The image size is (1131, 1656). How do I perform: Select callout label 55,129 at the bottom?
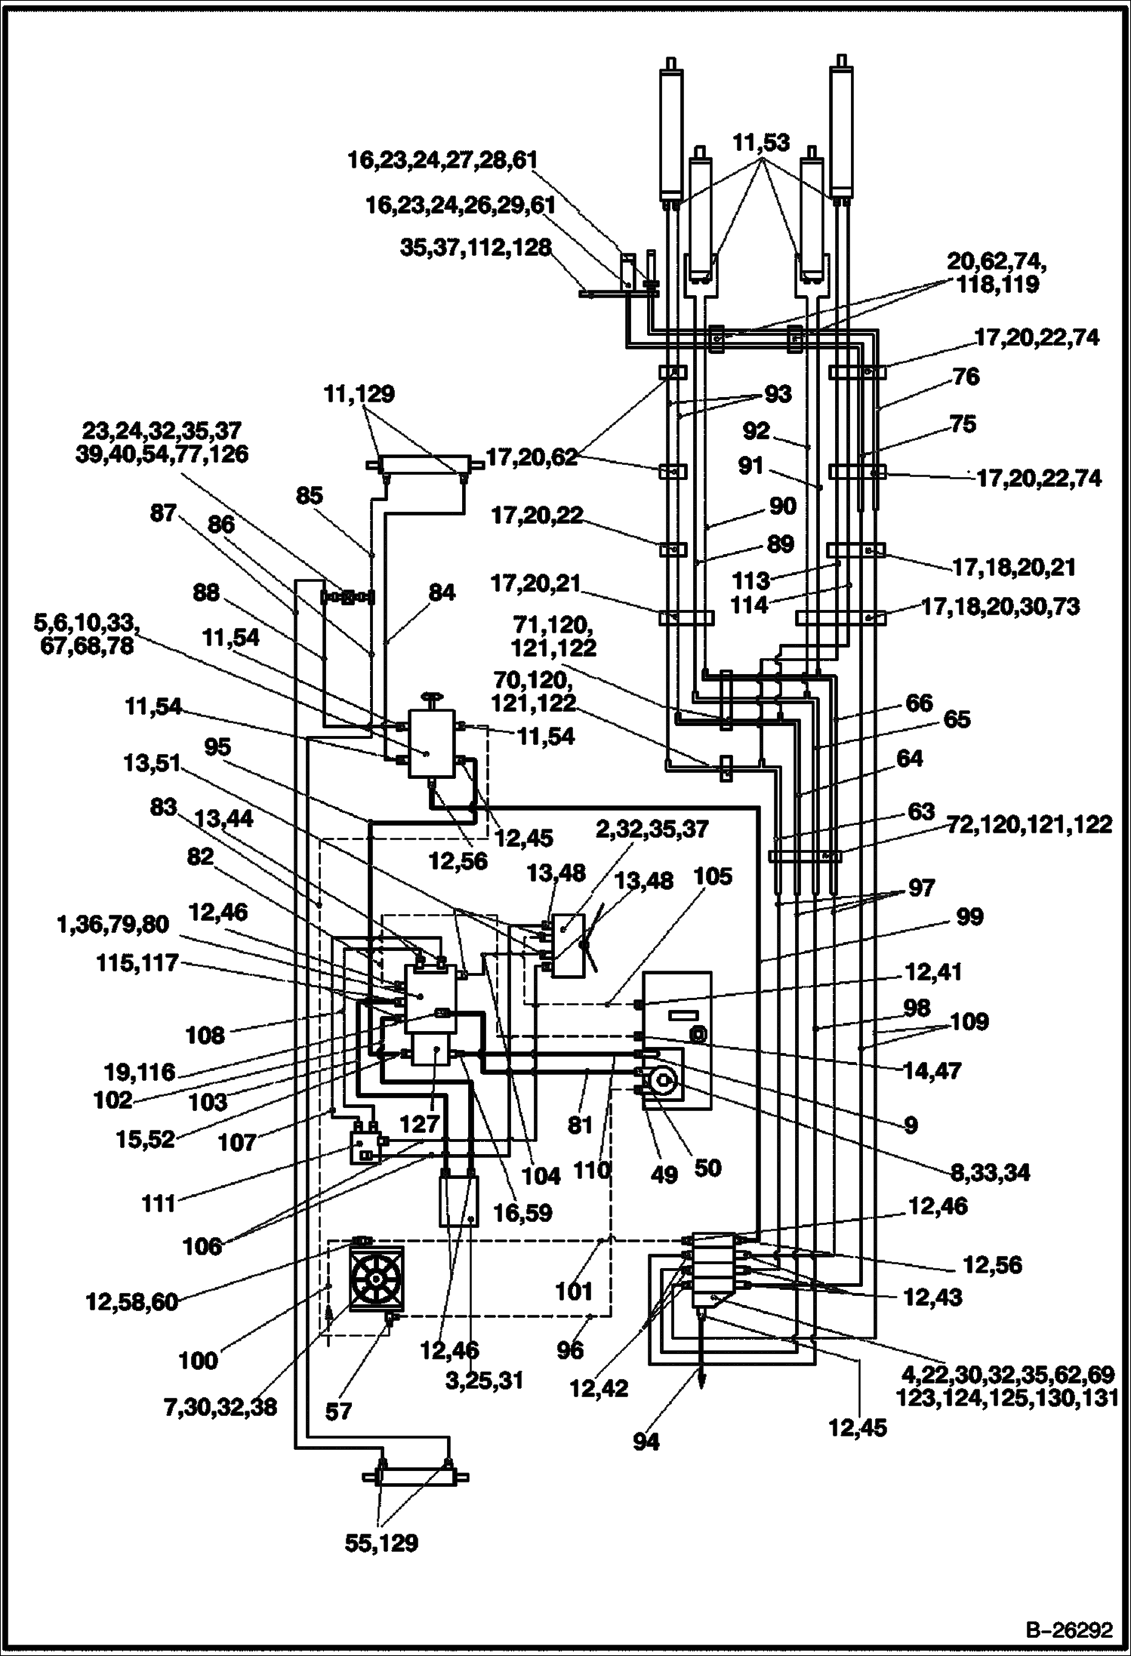tap(382, 1542)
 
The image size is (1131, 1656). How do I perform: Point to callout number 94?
tap(646, 1442)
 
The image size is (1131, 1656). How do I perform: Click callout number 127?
tap(420, 1124)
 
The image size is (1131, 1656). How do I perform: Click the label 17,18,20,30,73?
tap(1000, 606)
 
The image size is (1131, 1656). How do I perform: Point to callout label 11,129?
tap(359, 394)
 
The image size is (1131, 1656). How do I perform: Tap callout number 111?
tap(159, 1202)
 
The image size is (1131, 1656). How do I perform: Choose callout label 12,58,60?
tap(131, 1302)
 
